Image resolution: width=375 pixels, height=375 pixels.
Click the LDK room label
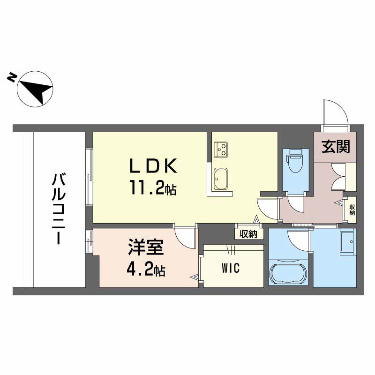[153, 166]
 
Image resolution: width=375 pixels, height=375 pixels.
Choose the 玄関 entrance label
[336, 147]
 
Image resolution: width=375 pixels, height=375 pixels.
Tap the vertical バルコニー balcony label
[59, 208]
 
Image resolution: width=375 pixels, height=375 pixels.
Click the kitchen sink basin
[221, 179]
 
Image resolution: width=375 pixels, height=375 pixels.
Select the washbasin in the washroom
[348, 241]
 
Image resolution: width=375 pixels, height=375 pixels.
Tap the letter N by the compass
[12, 78]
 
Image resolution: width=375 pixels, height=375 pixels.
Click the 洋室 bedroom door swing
[185, 237]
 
